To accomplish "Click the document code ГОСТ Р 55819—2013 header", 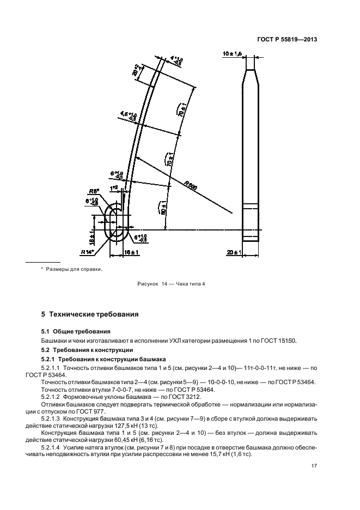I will tap(288, 39).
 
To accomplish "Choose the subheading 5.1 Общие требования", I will tap(76, 331).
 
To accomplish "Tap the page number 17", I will tap(314, 466).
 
